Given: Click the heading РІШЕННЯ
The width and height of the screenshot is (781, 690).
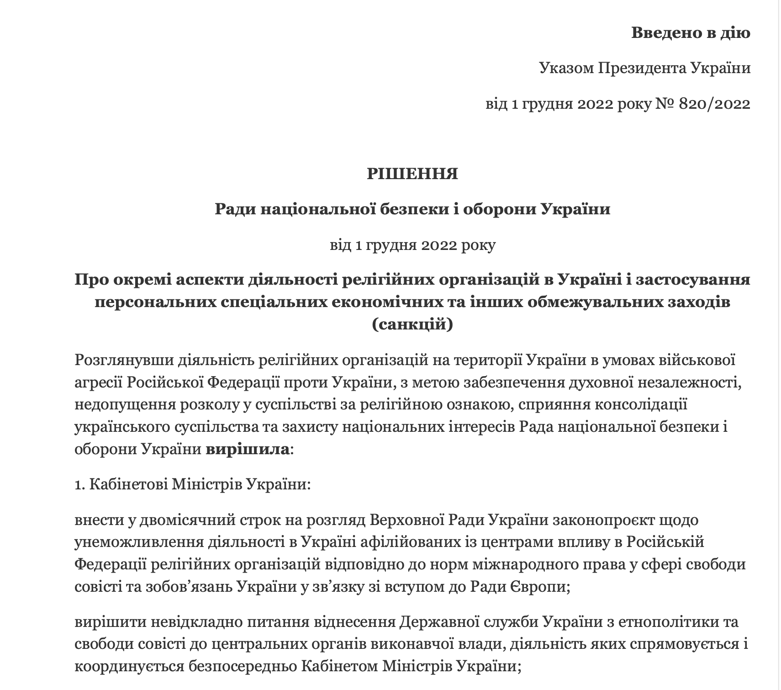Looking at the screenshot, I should (412, 174).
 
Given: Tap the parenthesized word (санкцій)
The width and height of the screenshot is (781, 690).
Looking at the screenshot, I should (412, 324).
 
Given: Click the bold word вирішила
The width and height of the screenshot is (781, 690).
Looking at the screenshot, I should (248, 449).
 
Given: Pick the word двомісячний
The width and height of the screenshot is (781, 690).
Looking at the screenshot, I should (191, 520).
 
